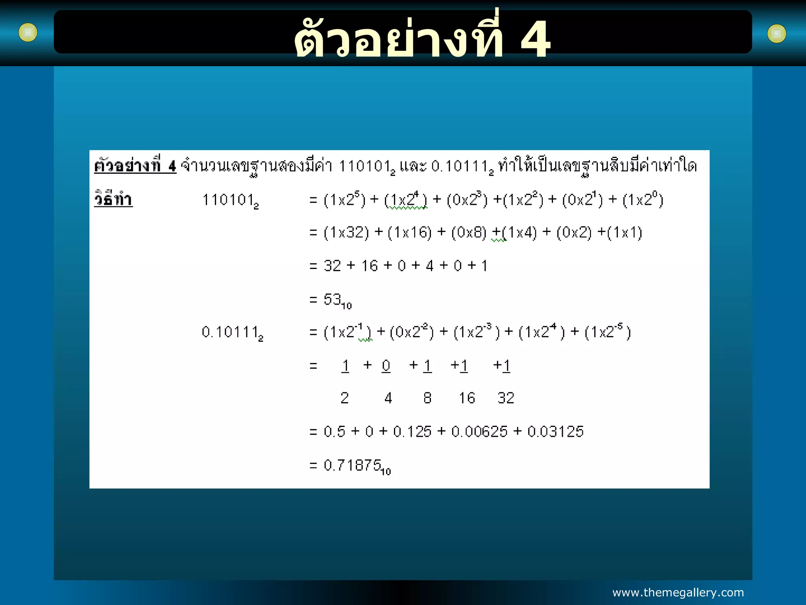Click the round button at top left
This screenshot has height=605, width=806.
pyautogui.click(x=28, y=32)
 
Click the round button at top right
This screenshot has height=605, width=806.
pyautogui.click(x=776, y=34)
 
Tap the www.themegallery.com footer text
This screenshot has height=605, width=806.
pyautogui.click(x=678, y=592)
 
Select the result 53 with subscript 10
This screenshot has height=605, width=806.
pyautogui.click(x=337, y=301)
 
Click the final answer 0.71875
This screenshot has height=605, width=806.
pyautogui.click(x=357, y=466)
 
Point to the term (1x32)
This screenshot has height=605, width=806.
pyautogui.click(x=346, y=232)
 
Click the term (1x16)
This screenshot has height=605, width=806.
pyautogui.click(x=409, y=232)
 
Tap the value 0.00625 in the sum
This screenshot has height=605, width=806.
pyautogui.click(x=479, y=432)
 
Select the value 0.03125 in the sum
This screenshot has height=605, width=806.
pyautogui.click(x=555, y=432)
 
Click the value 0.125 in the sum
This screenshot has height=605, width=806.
pyautogui.click(x=412, y=432)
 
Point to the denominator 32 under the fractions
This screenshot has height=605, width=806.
pyautogui.click(x=506, y=398)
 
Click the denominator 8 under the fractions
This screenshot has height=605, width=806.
pyautogui.click(x=427, y=398)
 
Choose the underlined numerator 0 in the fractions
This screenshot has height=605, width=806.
pyautogui.click(x=386, y=366)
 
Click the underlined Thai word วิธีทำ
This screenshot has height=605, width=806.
pyautogui.click(x=113, y=199)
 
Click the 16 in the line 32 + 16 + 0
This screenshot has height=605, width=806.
pyautogui.click(x=370, y=266)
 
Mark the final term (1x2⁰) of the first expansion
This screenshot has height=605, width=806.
pyautogui.click(x=643, y=200)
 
